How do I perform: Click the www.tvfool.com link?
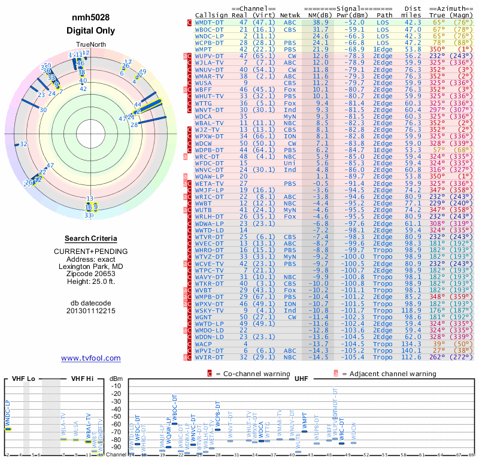point(90,358)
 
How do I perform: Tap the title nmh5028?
point(90,17)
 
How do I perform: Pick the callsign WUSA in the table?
point(205,83)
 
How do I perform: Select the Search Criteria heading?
point(90,238)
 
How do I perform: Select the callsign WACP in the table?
point(205,344)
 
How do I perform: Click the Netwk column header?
point(290,16)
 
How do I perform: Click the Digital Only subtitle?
point(90,31)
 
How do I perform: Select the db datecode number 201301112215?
point(90,311)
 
